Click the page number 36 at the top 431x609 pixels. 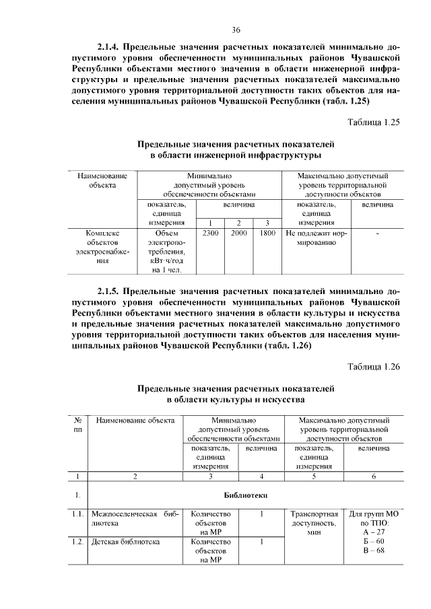(236, 29)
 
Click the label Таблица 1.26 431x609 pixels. (374, 367)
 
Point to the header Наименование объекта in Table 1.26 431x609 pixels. (135, 421)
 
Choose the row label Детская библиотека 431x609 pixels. (126, 540)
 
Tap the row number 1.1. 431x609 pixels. (79, 514)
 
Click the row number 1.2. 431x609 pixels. (79, 540)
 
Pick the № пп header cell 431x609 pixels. (78, 425)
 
